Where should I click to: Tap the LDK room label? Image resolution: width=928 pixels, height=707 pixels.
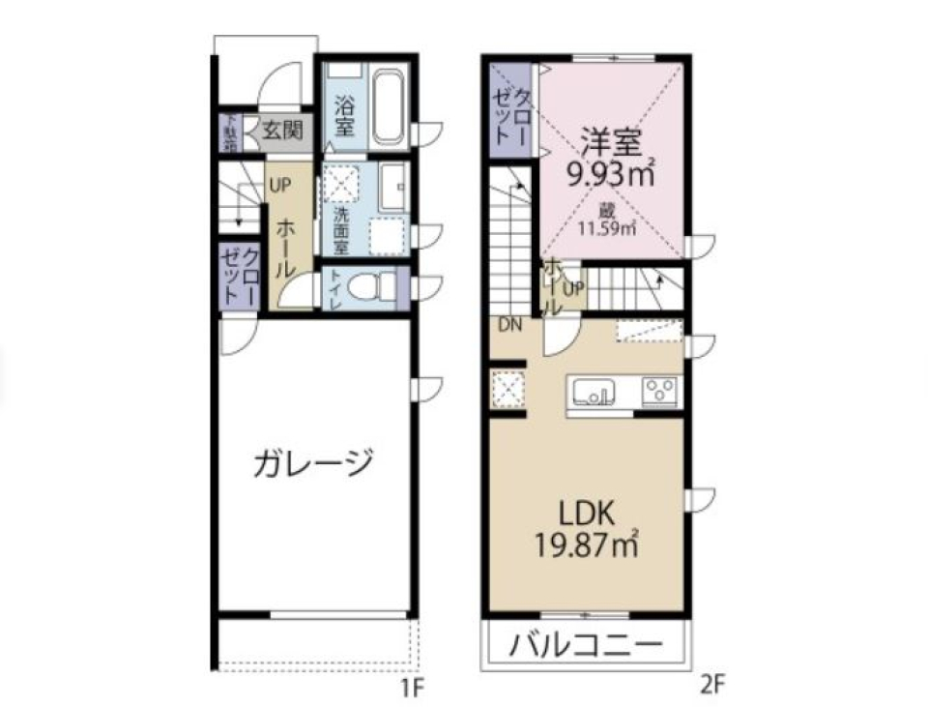click(x=586, y=512)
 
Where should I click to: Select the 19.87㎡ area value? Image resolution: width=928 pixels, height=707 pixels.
click(x=587, y=544)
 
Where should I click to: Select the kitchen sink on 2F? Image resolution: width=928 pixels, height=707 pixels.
click(x=594, y=392)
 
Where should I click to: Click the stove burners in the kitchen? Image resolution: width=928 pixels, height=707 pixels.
click(x=661, y=392)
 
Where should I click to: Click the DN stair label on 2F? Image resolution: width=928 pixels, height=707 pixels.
click(x=509, y=325)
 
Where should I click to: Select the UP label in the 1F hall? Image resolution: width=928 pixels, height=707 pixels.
click(x=279, y=184)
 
